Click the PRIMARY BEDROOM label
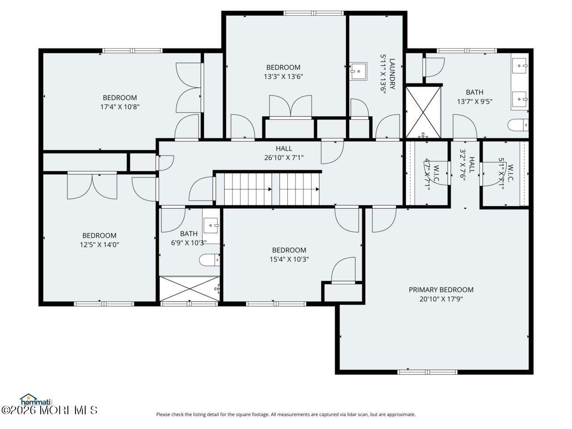(x=441, y=290)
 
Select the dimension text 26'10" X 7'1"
(x=284, y=157)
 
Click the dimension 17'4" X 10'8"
(x=120, y=107)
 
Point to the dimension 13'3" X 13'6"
(x=283, y=76)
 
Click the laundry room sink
(x=358, y=71)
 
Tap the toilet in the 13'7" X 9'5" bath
(x=518, y=125)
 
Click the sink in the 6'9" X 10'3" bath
(x=211, y=226)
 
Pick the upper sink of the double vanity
(x=520, y=66)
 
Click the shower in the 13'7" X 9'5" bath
(x=423, y=113)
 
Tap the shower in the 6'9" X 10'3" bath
(x=189, y=289)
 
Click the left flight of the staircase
(x=248, y=189)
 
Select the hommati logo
(x=36, y=399)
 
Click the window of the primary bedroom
(x=428, y=372)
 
